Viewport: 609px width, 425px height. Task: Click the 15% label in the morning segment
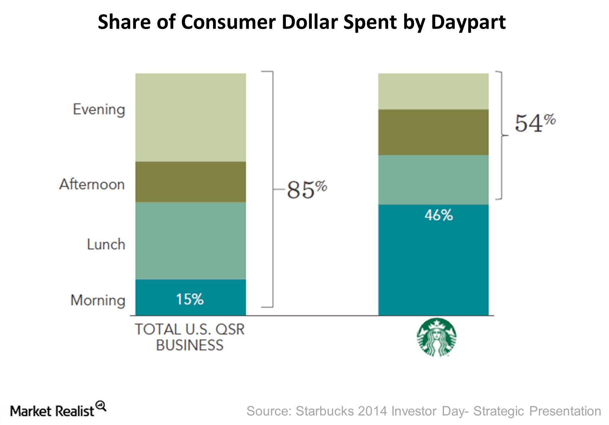[190, 299]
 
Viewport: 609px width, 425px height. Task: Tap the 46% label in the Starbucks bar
[438, 215]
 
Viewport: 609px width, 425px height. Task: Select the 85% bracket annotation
[306, 189]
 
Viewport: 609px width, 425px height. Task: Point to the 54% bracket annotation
[534, 123]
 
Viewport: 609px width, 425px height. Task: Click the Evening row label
[99, 109]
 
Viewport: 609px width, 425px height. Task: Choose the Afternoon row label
[92, 184]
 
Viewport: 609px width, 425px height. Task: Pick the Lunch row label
[106, 244]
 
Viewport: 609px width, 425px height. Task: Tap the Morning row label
[98, 300]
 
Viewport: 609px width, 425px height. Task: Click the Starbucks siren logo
[437, 337]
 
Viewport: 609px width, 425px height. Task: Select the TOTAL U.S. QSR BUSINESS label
[190, 337]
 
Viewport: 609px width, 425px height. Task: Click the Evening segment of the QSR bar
[190, 117]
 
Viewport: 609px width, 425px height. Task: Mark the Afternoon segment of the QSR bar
[190, 182]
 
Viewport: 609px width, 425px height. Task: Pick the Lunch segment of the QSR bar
[190, 241]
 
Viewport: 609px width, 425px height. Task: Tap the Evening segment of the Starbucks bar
[433, 91]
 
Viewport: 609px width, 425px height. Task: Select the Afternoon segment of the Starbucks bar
[433, 132]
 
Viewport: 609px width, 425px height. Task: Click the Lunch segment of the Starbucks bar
[433, 180]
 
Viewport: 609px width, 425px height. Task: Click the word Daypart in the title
[468, 22]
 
